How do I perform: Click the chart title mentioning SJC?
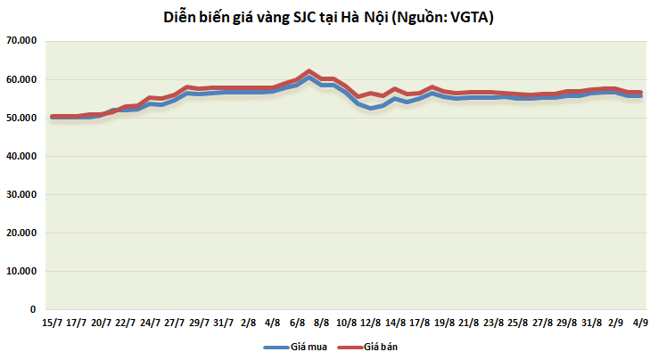[x=330, y=16]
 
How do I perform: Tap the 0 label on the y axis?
[x=32, y=309]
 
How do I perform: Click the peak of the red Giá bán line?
[x=308, y=70]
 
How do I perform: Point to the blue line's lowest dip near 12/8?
[x=370, y=108]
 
